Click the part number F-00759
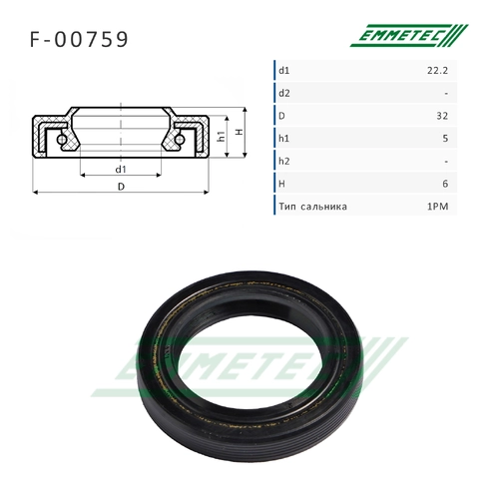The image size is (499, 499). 79,39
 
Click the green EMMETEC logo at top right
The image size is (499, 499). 409,35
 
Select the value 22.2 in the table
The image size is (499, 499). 437,71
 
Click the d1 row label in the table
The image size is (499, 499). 284,71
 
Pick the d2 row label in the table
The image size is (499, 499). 284,93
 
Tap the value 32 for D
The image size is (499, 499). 442,116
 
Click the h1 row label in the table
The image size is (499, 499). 283,139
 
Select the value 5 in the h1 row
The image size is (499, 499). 445,139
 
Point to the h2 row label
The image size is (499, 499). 284,161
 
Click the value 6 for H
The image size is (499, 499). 445,184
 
